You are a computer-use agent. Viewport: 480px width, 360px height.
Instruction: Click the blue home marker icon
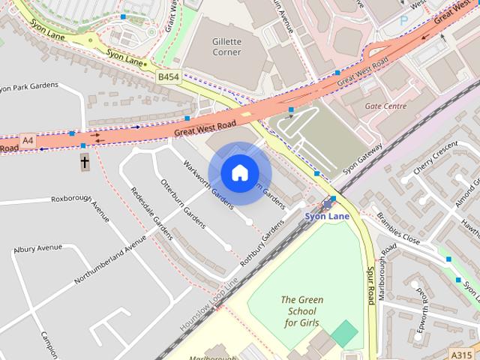coord(239,173)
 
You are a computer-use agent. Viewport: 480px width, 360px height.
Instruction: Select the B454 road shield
coord(168,76)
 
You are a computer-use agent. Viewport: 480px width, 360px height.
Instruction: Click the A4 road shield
coord(28,140)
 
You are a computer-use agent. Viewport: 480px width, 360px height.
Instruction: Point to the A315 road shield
coord(461,354)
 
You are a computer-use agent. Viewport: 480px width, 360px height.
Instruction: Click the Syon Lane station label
coord(326,216)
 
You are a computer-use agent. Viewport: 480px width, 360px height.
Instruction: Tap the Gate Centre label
coord(385,106)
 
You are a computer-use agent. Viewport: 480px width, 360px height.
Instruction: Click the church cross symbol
coord(84,161)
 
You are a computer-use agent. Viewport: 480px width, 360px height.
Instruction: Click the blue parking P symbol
coord(404,21)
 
